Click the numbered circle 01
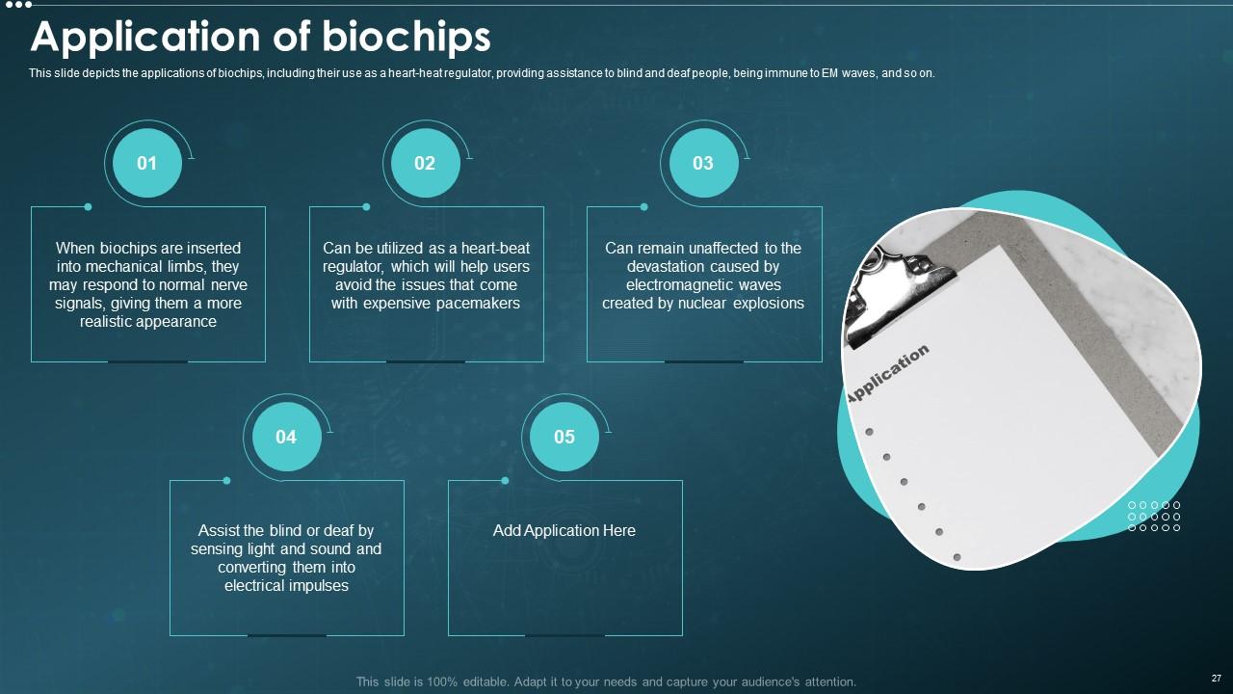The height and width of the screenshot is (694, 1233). [x=147, y=163]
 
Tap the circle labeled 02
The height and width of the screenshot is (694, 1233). [x=426, y=163]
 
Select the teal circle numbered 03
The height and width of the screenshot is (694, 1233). [x=703, y=163]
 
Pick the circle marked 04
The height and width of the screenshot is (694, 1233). [x=287, y=437]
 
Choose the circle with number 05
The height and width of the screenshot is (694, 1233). [x=564, y=437]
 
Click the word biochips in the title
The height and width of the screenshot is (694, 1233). [x=406, y=38]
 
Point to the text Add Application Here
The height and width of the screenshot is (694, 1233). [x=564, y=530]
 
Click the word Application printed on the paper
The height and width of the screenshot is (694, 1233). [x=887, y=374]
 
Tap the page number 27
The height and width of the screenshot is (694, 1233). [x=1217, y=678]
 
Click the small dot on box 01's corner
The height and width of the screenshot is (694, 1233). [x=88, y=207]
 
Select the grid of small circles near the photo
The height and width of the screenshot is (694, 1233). [x=1154, y=516]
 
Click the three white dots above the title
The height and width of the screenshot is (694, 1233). [x=18, y=5]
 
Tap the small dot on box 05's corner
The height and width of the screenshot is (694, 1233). [x=506, y=481]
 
